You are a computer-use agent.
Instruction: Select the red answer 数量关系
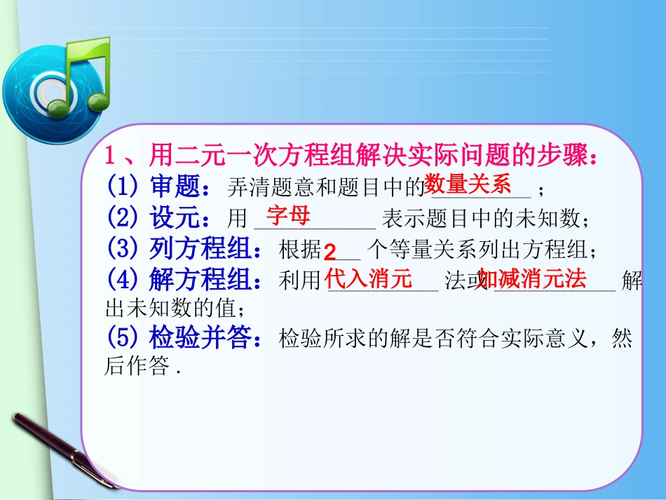coord(468,184)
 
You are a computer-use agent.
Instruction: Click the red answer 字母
coord(288,215)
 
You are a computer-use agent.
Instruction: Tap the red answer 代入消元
coord(369,280)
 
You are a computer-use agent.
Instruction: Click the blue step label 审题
coord(175,187)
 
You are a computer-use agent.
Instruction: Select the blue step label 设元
coord(175,218)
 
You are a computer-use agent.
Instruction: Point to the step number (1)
coord(124,187)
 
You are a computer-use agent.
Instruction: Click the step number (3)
coord(124,249)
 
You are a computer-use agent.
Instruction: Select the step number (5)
coord(124,339)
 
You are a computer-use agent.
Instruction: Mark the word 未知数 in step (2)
coord(553,219)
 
